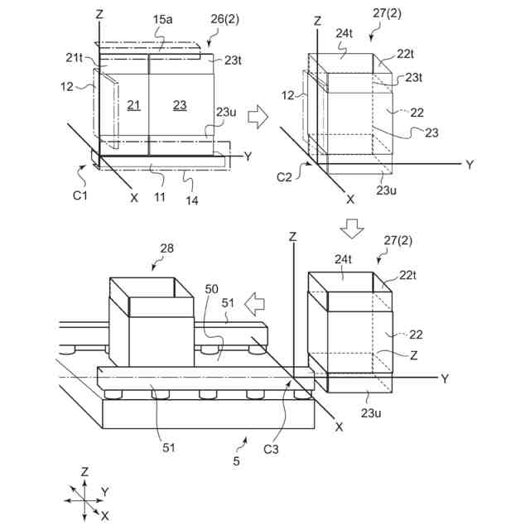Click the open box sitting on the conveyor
tap(152, 323)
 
